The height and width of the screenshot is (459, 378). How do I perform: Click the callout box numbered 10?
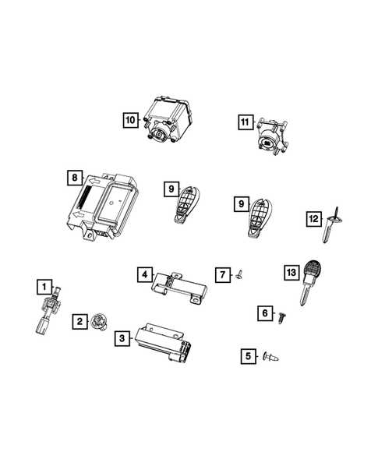pyautogui.click(x=129, y=119)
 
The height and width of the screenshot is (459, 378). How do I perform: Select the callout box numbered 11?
pyautogui.click(x=245, y=122)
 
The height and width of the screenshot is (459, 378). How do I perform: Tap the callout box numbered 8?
pyautogui.click(x=74, y=179)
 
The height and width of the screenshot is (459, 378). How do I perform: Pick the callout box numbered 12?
pyautogui.click(x=313, y=218)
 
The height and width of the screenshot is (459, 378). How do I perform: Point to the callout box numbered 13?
pyautogui.click(x=291, y=273)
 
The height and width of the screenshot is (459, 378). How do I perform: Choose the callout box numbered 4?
pyautogui.click(x=144, y=274)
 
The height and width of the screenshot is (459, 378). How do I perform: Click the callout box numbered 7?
pyautogui.click(x=222, y=274)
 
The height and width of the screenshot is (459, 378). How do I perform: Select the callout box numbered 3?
pyautogui.click(x=122, y=338)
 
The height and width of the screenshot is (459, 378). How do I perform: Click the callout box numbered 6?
pyautogui.click(x=265, y=313)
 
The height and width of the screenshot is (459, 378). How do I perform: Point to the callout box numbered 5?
pyautogui.click(x=249, y=356)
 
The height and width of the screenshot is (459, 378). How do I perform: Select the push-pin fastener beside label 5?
pyautogui.click(x=273, y=358)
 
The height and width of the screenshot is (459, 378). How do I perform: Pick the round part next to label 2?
pyautogui.click(x=100, y=320)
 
